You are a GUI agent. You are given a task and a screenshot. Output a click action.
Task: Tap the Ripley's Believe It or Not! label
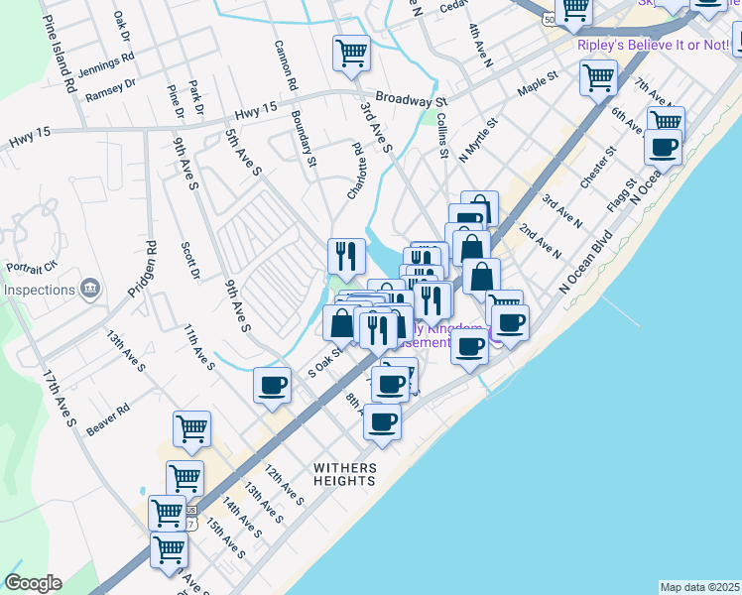pyautogui.click(x=652, y=46)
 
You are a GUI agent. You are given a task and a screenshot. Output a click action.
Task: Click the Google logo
pyautogui.click(x=32, y=583)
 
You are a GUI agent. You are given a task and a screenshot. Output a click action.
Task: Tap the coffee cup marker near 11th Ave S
pyautogui.click(x=271, y=385)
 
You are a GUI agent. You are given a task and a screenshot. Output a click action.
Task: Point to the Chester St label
pyautogui.click(x=598, y=167)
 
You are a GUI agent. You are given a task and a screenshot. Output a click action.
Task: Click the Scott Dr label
pyautogui.click(x=190, y=261)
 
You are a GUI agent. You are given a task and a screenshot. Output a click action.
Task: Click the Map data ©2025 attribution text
pyautogui.click(x=699, y=587)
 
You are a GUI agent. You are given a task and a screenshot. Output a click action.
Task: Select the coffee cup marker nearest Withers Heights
pyautogui.click(x=382, y=421)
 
